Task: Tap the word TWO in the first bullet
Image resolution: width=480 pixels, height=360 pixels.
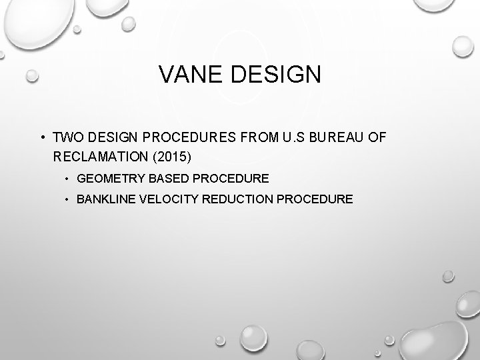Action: coord(65,137)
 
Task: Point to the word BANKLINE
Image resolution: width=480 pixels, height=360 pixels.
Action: coord(107,199)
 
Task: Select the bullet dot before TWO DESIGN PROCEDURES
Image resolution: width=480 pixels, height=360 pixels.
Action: coord(41,138)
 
